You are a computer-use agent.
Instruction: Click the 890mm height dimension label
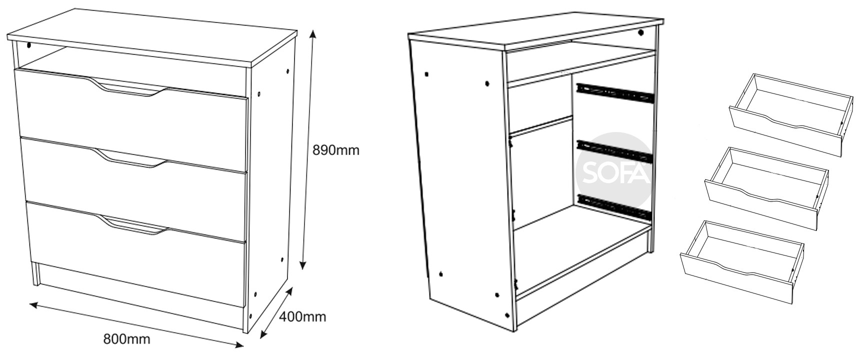pos(335,150)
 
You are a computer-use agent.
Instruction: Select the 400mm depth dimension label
pos(302,316)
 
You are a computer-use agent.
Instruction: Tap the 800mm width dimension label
pos(126,339)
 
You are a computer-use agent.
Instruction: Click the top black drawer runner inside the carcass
pos(614,92)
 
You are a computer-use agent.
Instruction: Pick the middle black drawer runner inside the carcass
pos(615,150)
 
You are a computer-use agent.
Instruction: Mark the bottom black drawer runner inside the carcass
pos(615,206)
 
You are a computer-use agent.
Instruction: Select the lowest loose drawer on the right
pos(742,261)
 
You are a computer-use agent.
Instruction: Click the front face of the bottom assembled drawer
pos(136,254)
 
